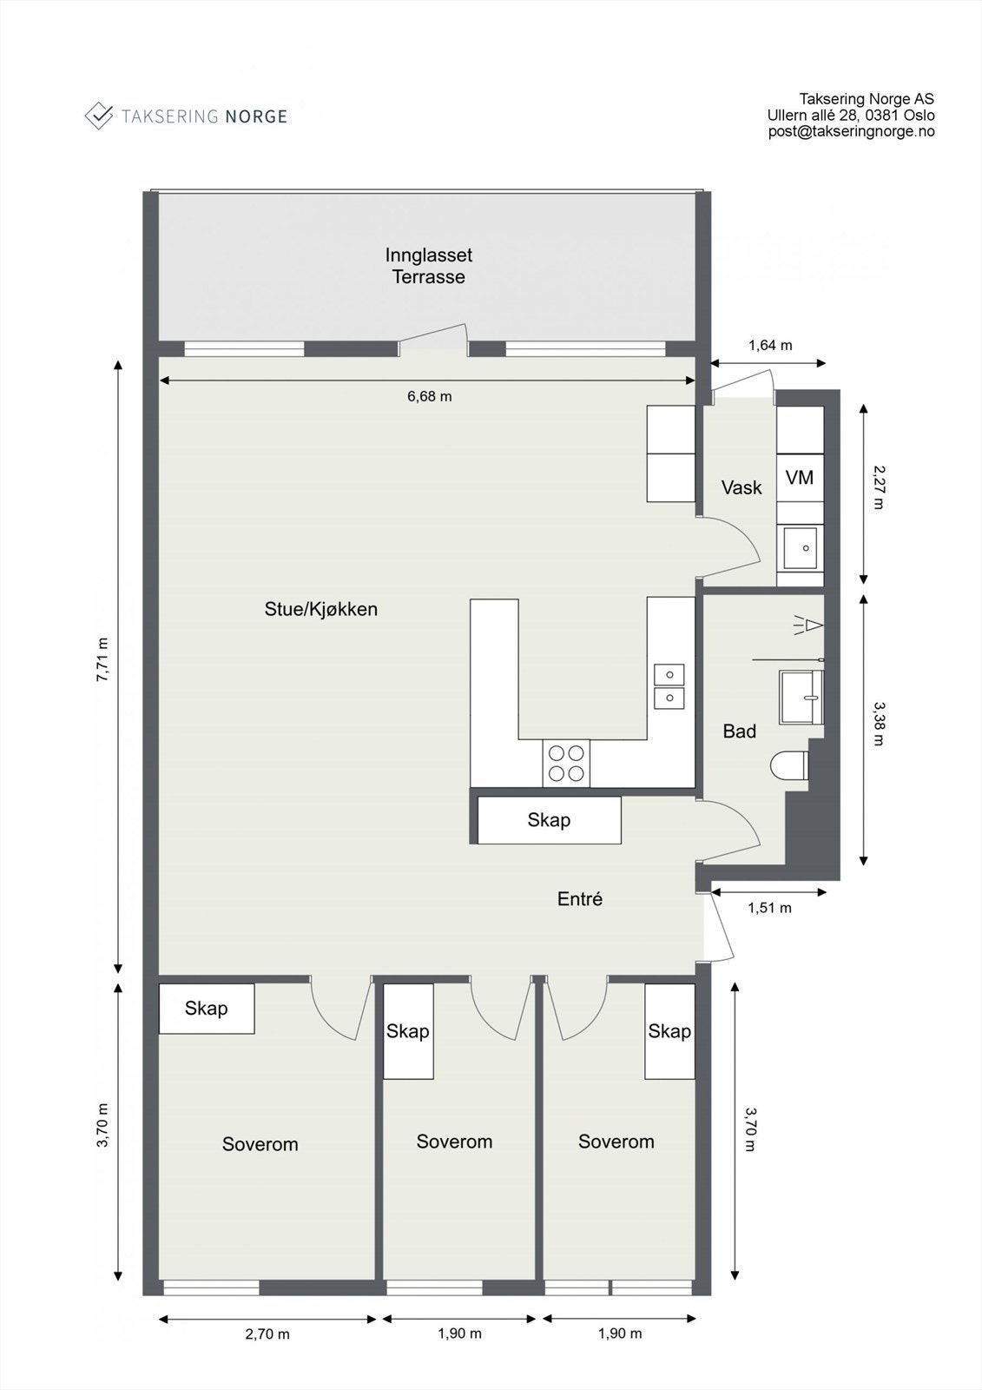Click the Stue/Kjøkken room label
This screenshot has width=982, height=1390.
pyautogui.click(x=320, y=609)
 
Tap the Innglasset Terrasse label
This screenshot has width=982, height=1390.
pyautogui.click(x=429, y=266)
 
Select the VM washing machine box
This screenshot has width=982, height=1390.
pyautogui.click(x=800, y=477)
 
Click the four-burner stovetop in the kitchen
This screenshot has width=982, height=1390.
pyautogui.click(x=566, y=764)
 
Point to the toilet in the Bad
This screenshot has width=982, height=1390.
pyautogui.click(x=788, y=766)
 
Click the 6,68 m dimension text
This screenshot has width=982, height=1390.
pyautogui.click(x=429, y=396)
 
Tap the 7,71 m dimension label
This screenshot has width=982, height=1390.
pyautogui.click(x=102, y=660)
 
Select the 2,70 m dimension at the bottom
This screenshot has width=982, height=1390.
pyautogui.click(x=267, y=1334)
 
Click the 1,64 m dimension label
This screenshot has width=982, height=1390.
pyautogui.click(x=770, y=345)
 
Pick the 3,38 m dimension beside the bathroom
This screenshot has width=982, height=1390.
pyautogui.click(x=878, y=724)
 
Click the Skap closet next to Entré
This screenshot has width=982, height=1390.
pyautogui.click(x=549, y=820)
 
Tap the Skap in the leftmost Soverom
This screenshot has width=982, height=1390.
pyautogui.click(x=206, y=1009)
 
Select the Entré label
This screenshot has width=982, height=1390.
pyautogui.click(x=579, y=899)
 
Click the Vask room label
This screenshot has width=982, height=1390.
pyautogui.click(x=741, y=487)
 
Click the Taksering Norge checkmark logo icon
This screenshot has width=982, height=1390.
pyautogui.click(x=99, y=116)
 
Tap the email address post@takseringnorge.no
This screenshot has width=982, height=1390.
pyautogui.click(x=851, y=131)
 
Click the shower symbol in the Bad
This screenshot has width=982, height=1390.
pyautogui.click(x=808, y=624)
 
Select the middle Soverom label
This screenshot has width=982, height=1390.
pyautogui.click(x=454, y=1142)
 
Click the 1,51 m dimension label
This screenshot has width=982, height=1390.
pyautogui.click(x=769, y=908)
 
